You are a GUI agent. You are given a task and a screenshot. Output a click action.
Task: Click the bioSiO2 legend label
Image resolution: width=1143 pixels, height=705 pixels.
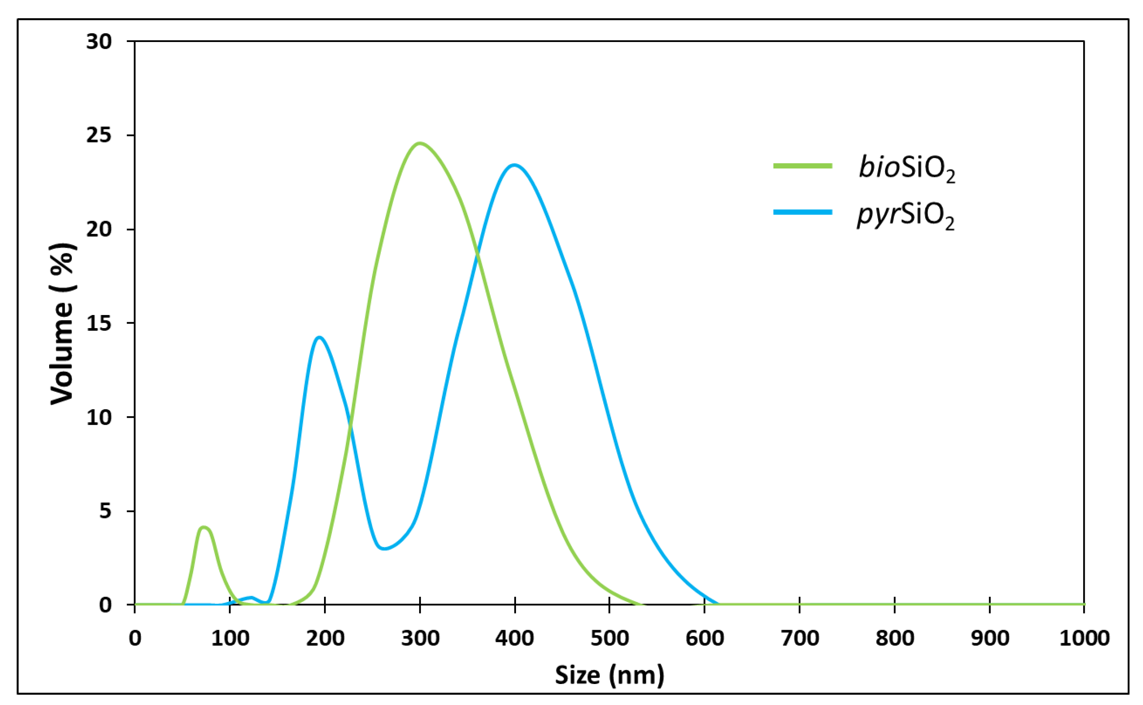907,169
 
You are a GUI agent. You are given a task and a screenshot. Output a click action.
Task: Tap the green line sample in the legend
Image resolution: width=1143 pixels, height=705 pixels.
802,166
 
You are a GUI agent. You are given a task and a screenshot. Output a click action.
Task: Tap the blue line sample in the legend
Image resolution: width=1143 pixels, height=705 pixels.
802,212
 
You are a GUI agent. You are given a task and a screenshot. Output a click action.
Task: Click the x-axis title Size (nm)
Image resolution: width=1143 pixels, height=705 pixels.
609,675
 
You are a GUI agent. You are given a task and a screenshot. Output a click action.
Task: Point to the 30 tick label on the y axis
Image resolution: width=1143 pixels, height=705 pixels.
99,42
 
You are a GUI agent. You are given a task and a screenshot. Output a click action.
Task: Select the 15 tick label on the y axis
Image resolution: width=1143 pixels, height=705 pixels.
99,323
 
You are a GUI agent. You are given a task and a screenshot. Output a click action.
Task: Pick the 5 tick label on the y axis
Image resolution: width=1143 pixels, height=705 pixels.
105,511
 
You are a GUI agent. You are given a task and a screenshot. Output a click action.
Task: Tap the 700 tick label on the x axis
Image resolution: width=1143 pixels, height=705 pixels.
800,638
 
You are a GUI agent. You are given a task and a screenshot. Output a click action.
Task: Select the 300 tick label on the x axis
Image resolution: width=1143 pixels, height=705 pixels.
420,638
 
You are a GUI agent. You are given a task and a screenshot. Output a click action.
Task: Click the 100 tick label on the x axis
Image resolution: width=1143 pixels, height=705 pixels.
230,638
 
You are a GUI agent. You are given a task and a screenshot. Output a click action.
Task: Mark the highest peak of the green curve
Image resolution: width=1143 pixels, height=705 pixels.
420,143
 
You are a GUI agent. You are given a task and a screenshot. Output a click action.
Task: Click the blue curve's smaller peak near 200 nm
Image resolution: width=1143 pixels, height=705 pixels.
320,337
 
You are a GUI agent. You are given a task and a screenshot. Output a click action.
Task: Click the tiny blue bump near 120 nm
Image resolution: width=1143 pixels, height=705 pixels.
251,597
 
